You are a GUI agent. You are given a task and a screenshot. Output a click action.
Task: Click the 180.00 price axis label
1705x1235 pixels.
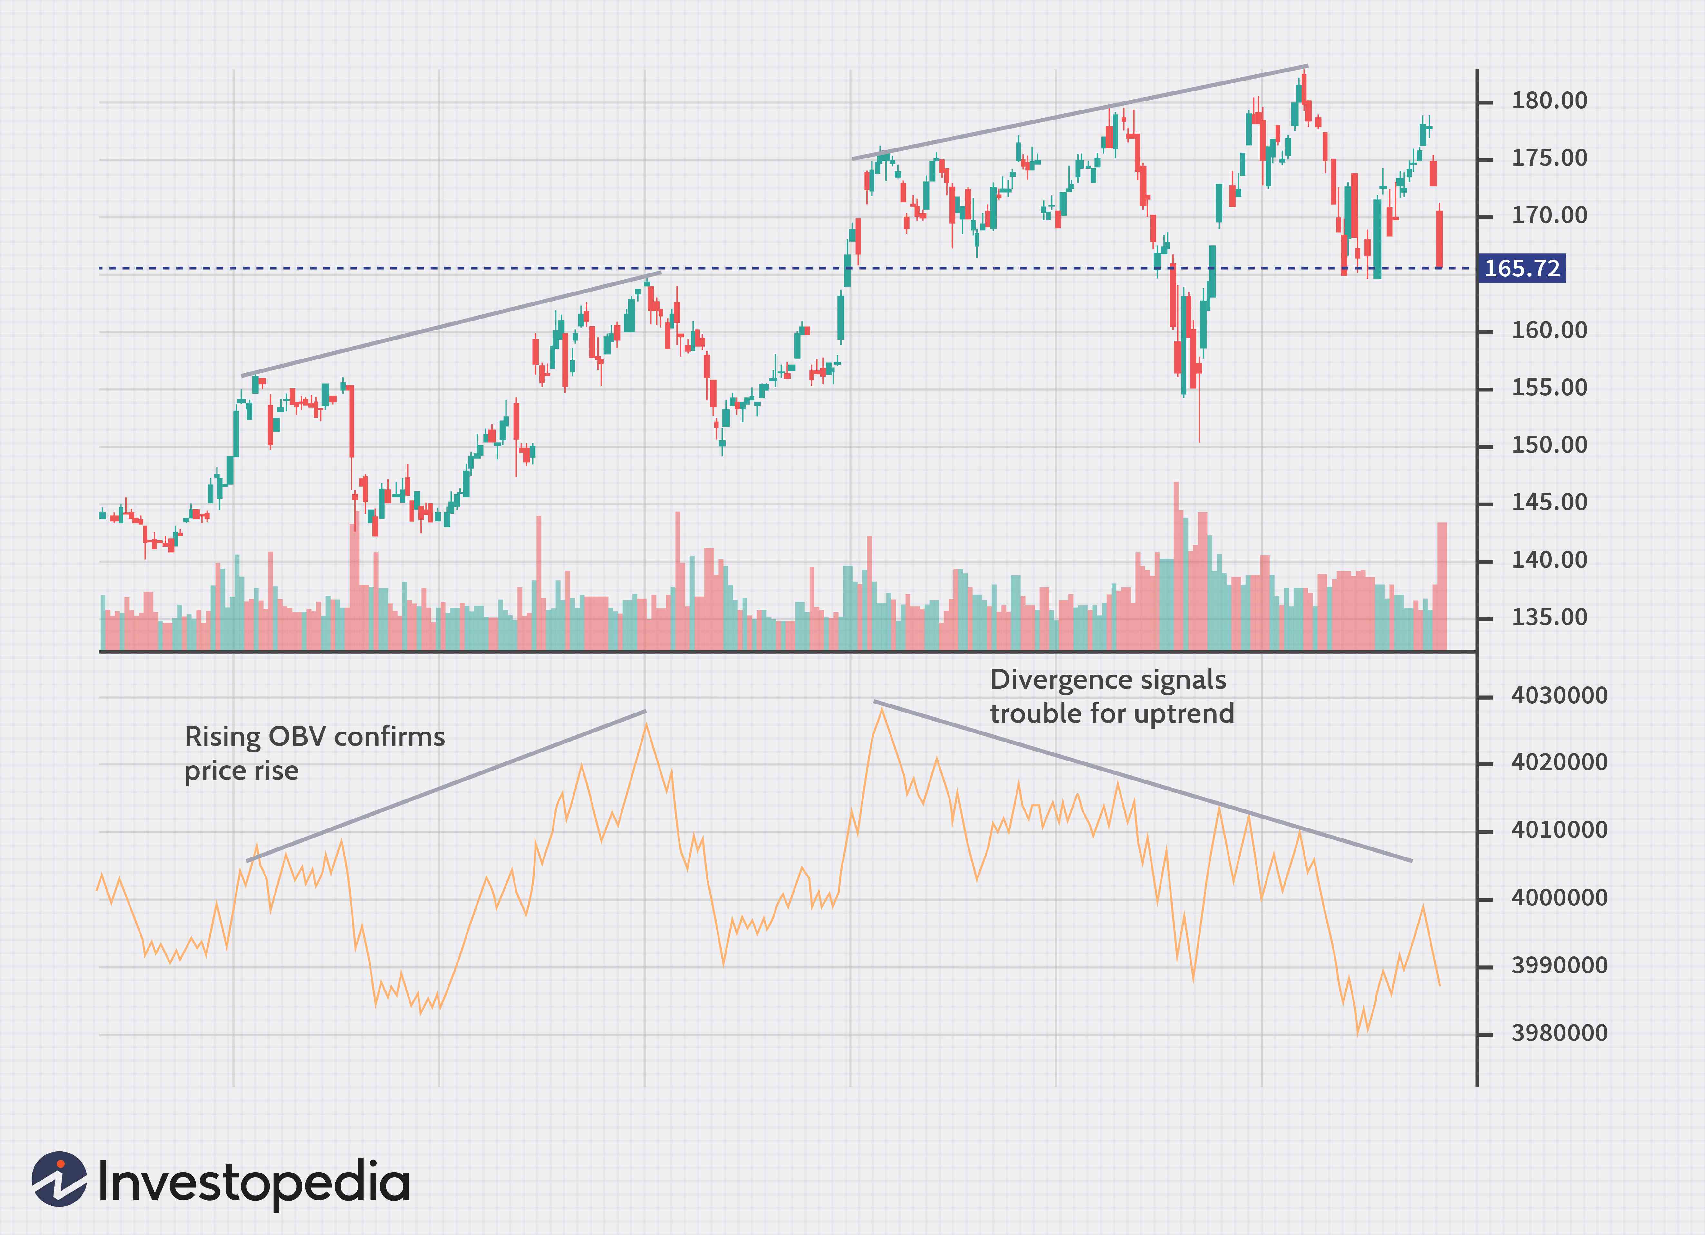point(1549,101)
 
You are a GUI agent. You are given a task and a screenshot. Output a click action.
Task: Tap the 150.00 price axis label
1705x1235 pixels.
point(1549,445)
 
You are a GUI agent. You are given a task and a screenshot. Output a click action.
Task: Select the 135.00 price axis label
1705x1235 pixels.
point(1549,617)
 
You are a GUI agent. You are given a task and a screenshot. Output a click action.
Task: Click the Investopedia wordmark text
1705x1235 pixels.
point(254,1182)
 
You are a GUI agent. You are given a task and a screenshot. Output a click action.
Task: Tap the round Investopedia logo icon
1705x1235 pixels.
point(59,1179)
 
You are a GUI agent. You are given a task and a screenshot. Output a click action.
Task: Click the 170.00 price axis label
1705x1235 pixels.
point(1549,216)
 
